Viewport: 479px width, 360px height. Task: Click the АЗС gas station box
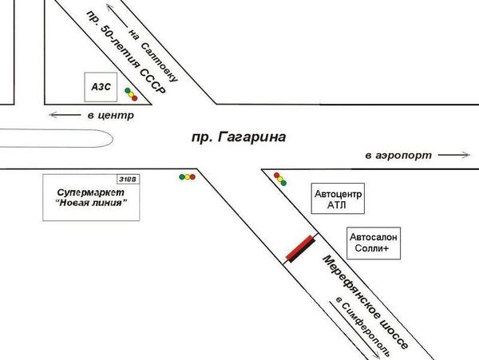coord(101,87)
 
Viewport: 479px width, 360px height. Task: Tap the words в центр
coord(109,116)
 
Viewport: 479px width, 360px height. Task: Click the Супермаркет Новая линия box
coord(93,196)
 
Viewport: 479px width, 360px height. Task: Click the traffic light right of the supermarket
coord(188,176)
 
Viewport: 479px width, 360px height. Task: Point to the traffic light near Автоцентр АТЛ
coord(279,177)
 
